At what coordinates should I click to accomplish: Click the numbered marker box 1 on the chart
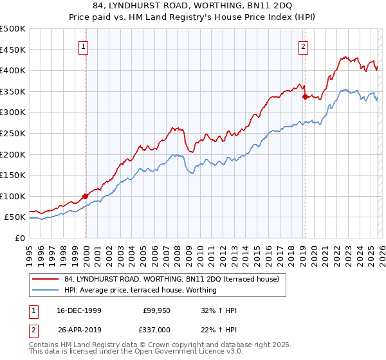85,46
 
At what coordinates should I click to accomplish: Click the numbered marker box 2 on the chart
304,46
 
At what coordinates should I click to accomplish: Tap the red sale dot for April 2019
304,97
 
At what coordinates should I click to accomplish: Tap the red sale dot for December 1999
86,196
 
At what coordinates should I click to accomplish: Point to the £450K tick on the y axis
14,50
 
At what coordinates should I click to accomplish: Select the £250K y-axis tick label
14,133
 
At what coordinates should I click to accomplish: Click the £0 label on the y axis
20,238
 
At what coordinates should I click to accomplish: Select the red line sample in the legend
45,279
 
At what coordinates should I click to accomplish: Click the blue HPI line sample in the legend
45,290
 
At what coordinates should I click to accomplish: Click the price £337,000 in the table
156,329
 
